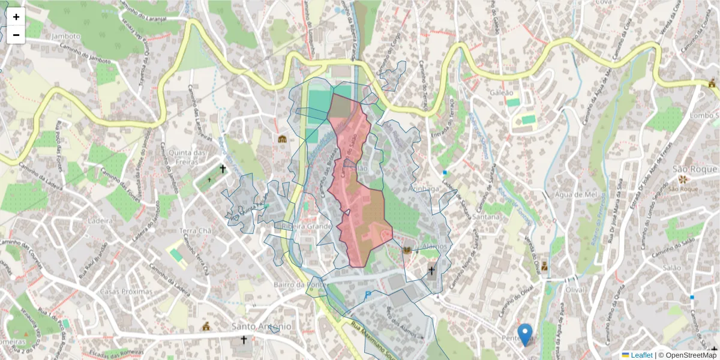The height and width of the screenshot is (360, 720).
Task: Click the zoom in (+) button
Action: click(16, 17)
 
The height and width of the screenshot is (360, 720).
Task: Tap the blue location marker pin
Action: click(525, 334)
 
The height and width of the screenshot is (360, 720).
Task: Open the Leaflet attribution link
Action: click(641, 355)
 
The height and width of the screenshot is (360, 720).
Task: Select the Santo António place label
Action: click(261, 326)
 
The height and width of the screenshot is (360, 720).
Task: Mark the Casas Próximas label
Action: click(126, 292)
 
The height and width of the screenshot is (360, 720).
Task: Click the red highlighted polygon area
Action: click(360, 216)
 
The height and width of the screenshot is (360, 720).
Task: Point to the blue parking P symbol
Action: click(368, 295)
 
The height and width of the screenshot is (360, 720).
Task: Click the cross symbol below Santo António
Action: click(244, 340)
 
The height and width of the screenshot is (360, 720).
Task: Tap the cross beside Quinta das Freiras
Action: click(223, 170)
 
